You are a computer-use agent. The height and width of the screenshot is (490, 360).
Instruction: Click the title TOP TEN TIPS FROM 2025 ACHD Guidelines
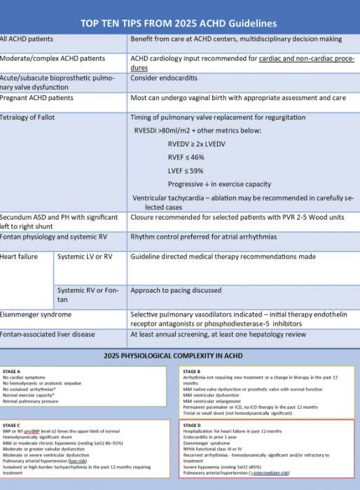click(179, 23)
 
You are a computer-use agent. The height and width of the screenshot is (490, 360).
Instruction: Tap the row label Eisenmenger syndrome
click(36, 315)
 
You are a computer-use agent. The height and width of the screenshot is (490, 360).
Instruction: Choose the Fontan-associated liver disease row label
click(48, 335)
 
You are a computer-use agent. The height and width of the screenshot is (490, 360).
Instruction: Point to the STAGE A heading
click(12, 372)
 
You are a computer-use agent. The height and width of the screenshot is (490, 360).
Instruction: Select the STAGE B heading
click(192, 372)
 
